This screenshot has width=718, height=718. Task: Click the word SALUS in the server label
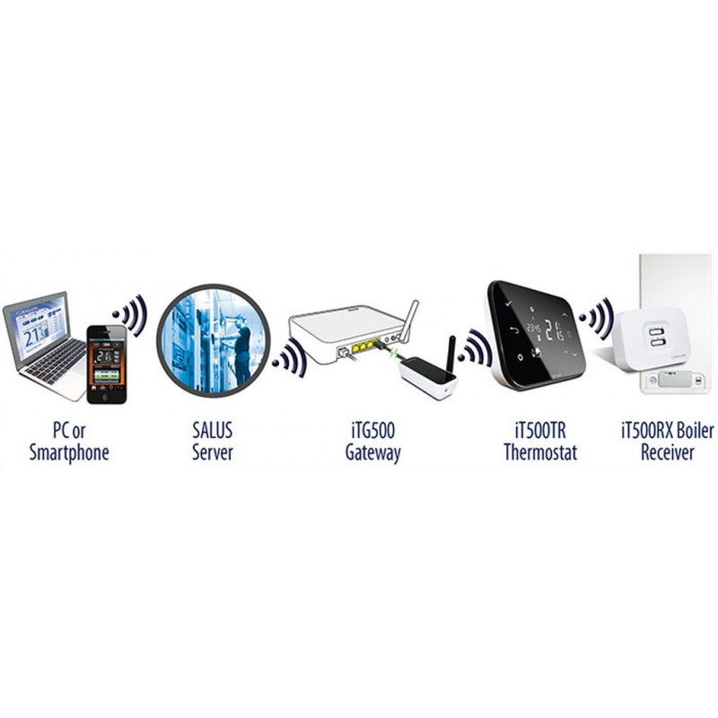click(x=212, y=431)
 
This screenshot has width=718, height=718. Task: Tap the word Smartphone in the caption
click(x=69, y=452)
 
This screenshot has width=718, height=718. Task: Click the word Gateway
click(x=372, y=453)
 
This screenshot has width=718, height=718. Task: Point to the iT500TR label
click(x=540, y=431)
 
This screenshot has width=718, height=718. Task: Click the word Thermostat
click(x=540, y=452)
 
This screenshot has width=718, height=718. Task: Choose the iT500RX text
click(x=646, y=431)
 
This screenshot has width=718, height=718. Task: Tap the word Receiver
click(x=667, y=452)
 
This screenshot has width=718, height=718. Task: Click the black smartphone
click(x=107, y=364)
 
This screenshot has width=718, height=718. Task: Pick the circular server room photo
click(x=214, y=340)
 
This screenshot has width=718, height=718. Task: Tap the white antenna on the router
click(x=409, y=320)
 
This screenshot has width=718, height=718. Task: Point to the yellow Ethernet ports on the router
click(x=365, y=345)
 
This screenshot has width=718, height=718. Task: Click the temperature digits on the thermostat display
click(x=554, y=330)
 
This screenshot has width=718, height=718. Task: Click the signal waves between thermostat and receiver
click(x=597, y=318)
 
